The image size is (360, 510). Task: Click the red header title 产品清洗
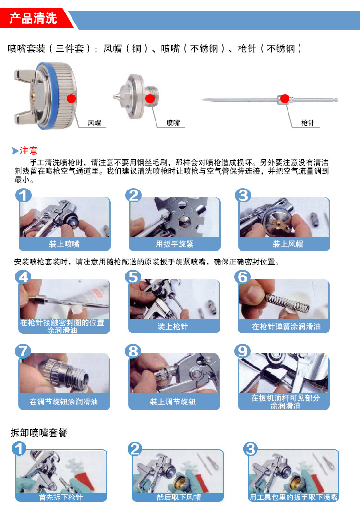(33, 18)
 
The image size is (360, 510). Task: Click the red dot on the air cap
(72, 98)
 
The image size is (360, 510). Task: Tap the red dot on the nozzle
(150, 98)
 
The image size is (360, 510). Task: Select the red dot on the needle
(285, 98)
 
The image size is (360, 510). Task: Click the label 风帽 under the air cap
(95, 123)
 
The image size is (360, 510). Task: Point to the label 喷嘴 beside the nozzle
(173, 123)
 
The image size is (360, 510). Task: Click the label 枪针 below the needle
(308, 123)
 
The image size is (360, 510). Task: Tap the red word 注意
(29, 151)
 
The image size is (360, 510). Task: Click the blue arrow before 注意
(15, 151)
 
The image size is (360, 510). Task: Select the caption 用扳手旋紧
(174, 244)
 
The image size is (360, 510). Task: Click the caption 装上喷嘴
(64, 244)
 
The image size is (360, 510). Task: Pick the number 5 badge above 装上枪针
(133, 277)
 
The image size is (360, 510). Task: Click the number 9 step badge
(242, 351)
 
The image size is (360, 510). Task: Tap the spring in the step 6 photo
(287, 302)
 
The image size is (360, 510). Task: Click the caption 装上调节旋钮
(173, 402)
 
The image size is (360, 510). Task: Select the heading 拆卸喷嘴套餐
(39, 433)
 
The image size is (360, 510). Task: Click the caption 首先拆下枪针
(61, 498)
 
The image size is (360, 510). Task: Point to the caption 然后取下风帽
(179, 498)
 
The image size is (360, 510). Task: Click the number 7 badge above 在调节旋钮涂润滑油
(23, 351)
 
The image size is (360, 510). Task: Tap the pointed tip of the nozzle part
(114, 96)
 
